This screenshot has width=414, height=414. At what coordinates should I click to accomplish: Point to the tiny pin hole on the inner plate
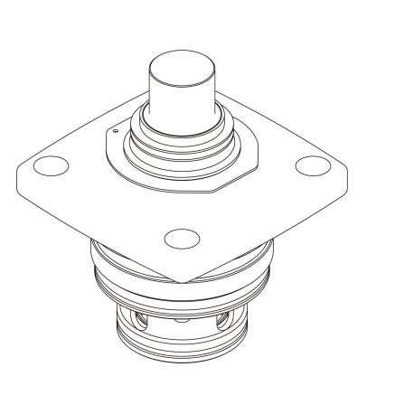click(116, 136)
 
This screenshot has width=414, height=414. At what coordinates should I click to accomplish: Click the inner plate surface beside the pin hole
click(125, 149)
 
